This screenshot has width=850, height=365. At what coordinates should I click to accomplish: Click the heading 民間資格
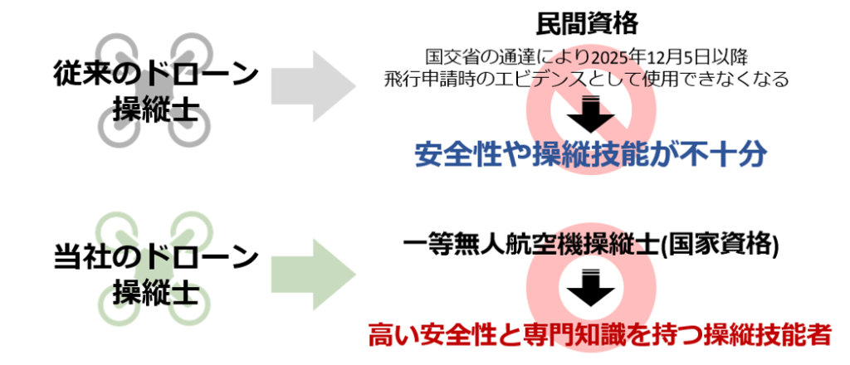[x=587, y=24]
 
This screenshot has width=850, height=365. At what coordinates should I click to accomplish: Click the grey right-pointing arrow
[x=313, y=85]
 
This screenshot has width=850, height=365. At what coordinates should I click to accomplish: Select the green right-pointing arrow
[x=313, y=275]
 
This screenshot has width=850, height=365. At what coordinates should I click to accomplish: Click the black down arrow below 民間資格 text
[x=591, y=114]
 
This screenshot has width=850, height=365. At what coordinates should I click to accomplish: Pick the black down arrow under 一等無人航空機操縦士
[x=591, y=288]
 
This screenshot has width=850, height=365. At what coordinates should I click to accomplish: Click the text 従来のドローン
[x=156, y=74]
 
